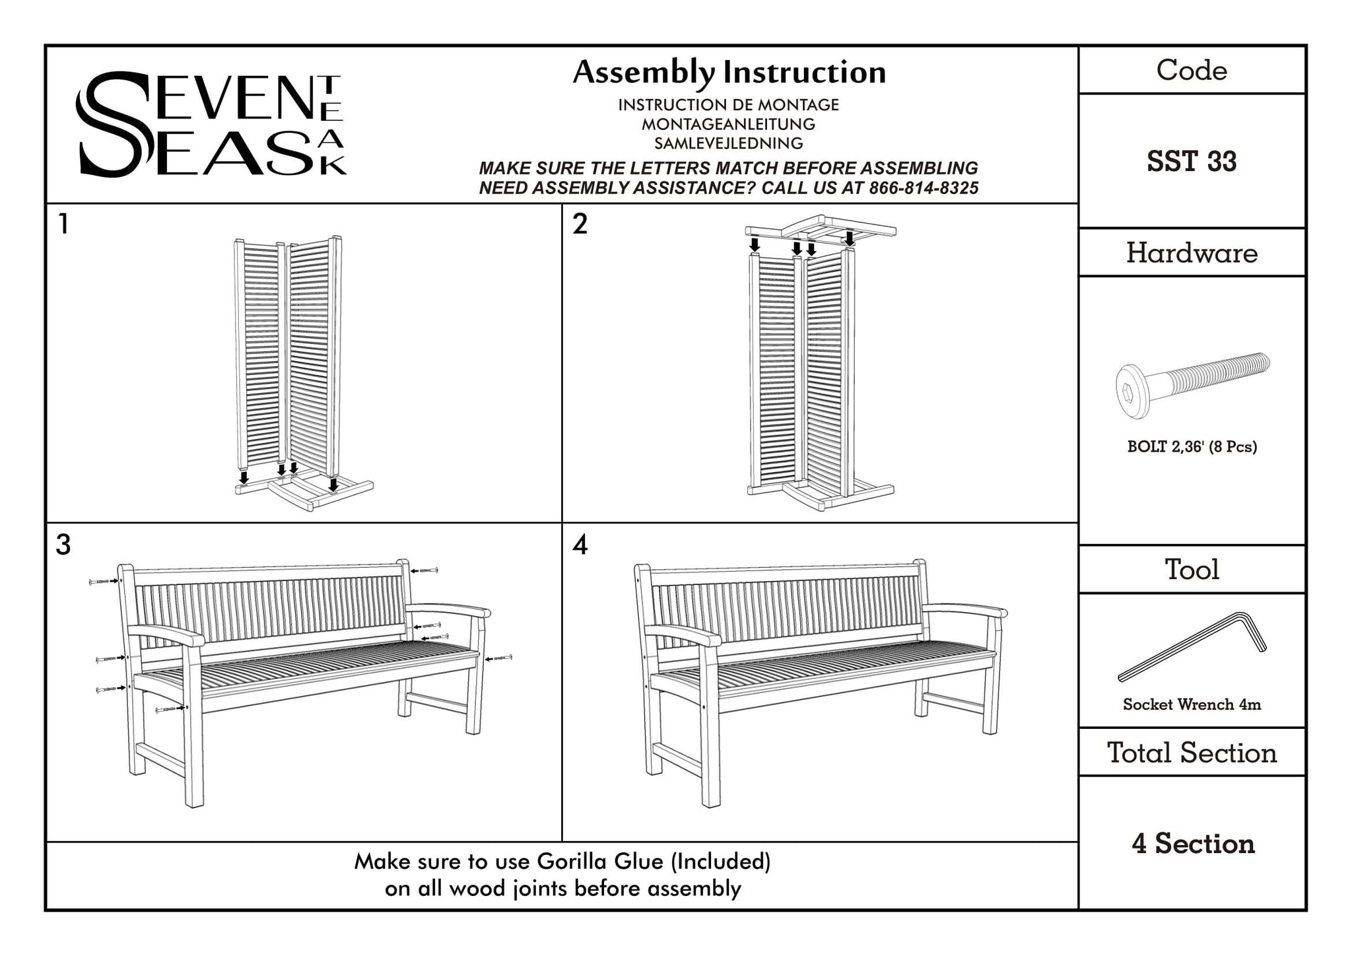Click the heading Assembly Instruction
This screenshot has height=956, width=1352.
coord(729,73)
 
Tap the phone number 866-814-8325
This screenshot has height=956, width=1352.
coord(924,188)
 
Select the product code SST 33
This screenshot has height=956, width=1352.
coord(1192,162)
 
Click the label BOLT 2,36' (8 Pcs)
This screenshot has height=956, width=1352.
coord(1192,447)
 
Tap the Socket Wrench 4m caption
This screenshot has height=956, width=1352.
coord(1192,704)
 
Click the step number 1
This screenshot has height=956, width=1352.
coord(63,224)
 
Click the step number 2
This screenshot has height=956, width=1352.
coord(580,224)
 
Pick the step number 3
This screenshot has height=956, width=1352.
coord(63,545)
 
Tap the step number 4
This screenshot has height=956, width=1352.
coord(580,545)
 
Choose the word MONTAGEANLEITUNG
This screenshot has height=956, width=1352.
coord(728,124)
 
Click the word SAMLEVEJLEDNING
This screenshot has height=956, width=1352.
coord(728,143)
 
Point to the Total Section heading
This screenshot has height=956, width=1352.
coord(1192,753)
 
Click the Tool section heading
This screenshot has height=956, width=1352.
coord(1192,569)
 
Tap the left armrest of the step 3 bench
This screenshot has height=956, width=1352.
coord(166,635)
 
